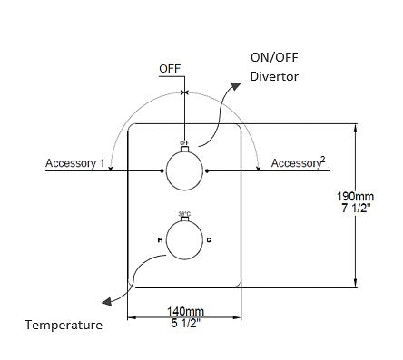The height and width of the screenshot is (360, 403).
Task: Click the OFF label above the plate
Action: pos(170,68)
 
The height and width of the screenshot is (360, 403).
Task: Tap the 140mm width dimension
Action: pos(184,309)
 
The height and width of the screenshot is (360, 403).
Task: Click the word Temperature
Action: pos(63,324)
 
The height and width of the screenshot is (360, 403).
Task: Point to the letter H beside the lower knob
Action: pos(158,239)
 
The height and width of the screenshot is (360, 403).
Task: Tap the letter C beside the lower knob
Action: pos(210,239)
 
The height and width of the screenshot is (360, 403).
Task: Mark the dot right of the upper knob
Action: pos(210,170)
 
